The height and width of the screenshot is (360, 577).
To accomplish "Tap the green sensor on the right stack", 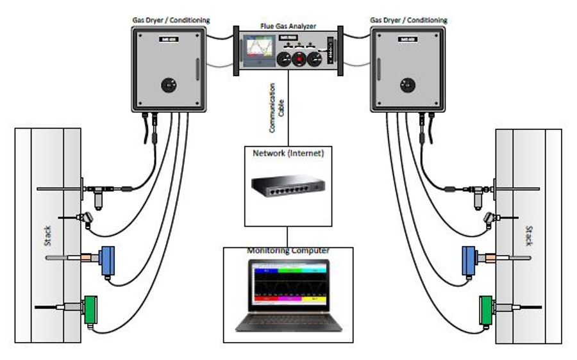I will (x=488, y=309).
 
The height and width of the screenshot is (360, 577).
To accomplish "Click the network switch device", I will (x=288, y=187).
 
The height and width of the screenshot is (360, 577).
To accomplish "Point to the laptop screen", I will (x=288, y=286).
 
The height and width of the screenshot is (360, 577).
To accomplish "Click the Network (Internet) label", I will (x=288, y=153).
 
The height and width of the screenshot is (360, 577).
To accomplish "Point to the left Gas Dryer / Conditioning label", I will (x=169, y=20).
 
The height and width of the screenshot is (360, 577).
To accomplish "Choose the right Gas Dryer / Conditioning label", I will (x=408, y=20).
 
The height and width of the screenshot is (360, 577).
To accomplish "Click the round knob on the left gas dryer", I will (x=169, y=84).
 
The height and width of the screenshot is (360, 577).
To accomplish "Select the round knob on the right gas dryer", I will (x=406, y=84).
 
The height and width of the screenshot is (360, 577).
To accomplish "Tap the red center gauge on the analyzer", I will (x=299, y=60).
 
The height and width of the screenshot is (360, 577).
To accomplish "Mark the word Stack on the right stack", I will (x=528, y=236).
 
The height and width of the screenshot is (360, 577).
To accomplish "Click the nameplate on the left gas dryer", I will (x=169, y=40).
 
